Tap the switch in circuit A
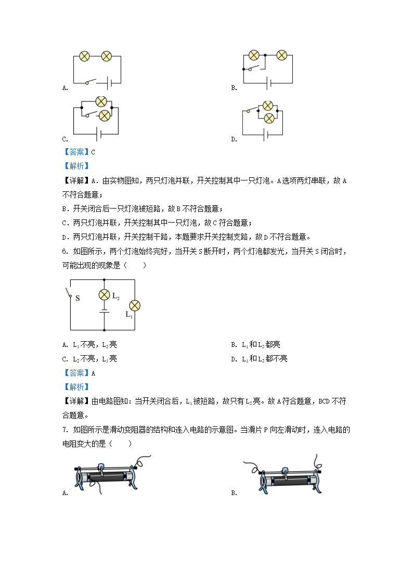tap(91, 81)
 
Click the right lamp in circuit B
tap(281, 55)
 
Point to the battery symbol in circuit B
tap(268, 83)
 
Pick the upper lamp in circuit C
tap(102, 101)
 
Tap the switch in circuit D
tap(253, 109)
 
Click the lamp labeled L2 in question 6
tap(104, 295)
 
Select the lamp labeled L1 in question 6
tap(135, 305)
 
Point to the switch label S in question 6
tap(78, 299)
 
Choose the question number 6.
tap(64, 252)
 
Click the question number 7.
tap(64, 430)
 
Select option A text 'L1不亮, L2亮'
tap(91, 345)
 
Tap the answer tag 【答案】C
tap(79, 152)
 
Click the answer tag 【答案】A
tap(79, 373)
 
